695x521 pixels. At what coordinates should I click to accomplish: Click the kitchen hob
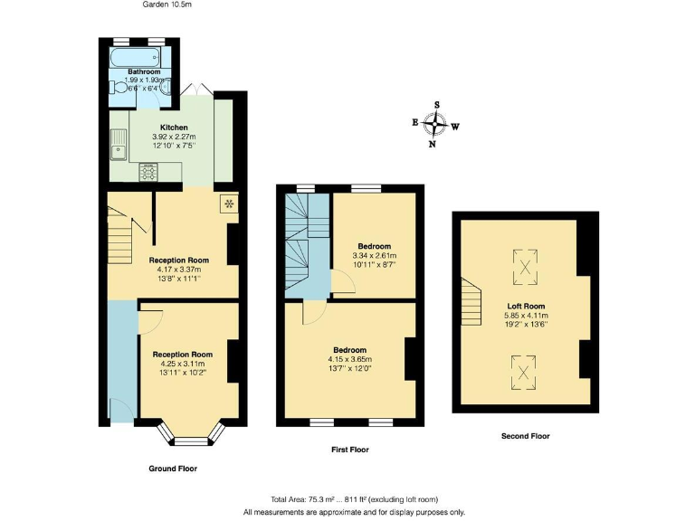click(148, 171)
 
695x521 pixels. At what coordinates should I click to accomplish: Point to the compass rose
click(435, 124)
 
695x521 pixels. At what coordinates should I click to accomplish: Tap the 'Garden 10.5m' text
click(167, 5)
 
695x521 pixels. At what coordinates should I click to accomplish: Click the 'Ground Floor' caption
click(172, 469)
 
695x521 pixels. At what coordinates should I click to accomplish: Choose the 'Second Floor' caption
click(526, 436)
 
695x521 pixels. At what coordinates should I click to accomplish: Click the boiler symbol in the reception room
click(229, 204)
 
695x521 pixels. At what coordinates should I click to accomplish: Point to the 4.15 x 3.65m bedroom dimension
click(349, 359)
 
